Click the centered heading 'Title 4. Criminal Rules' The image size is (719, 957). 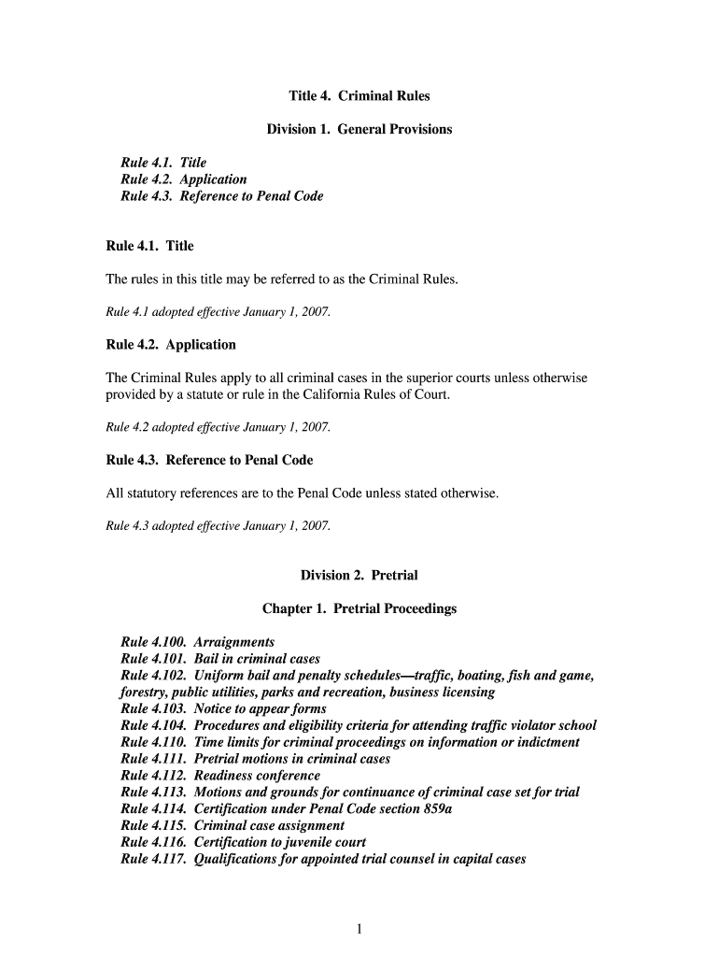click(x=359, y=96)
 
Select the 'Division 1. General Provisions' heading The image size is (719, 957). click(x=359, y=129)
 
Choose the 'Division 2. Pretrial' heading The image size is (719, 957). click(x=359, y=575)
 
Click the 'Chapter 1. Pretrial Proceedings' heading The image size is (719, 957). click(x=359, y=608)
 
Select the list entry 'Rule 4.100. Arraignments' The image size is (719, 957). click(x=198, y=642)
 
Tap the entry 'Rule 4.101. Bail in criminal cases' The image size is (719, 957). click(x=220, y=659)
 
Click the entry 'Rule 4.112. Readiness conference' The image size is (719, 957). click(x=220, y=776)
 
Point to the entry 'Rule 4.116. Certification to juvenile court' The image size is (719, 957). click(x=237, y=843)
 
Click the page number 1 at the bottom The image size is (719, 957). click(x=359, y=928)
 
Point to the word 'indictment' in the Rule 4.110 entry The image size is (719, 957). click(x=546, y=743)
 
